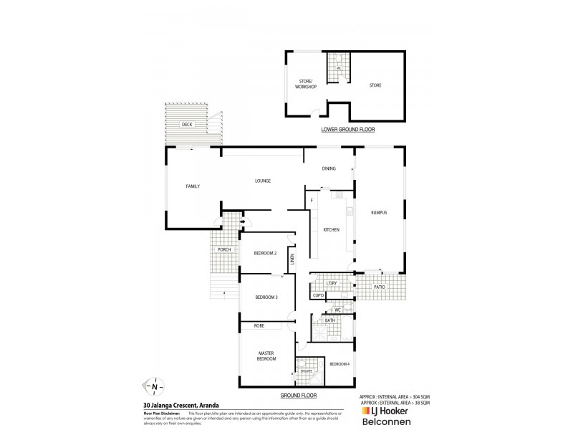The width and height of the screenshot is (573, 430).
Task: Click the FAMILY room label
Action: point(193,186)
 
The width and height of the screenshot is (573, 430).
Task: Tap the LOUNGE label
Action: point(261,181)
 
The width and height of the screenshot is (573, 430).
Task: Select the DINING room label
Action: point(329,168)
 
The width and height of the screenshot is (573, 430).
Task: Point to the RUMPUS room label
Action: point(379,213)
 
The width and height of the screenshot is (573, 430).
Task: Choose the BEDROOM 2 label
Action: point(265,253)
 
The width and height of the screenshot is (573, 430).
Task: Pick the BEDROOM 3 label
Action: point(266,297)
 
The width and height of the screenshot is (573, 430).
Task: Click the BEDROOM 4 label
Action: point(340,364)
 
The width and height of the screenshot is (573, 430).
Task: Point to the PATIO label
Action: point(380,287)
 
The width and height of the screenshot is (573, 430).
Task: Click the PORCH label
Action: point(224,249)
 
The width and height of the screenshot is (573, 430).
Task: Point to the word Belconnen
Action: point(393,422)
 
